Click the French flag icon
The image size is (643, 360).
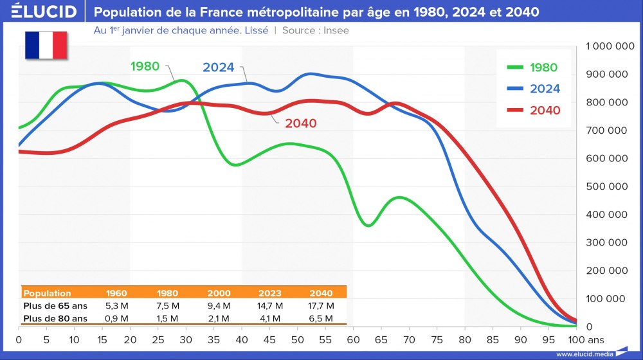(46, 44)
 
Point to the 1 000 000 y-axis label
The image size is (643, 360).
(607, 46)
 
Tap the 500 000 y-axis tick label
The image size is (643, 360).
(607, 186)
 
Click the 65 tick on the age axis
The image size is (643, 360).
(381, 339)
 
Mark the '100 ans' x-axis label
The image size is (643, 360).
(585, 339)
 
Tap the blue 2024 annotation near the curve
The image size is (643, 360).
(218, 67)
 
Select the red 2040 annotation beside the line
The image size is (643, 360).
(300, 123)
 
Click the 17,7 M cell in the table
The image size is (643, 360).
(321, 305)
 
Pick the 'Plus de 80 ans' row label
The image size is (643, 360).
(55, 318)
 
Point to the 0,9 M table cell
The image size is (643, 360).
(116, 318)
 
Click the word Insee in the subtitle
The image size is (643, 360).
(336, 30)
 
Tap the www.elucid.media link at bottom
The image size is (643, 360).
(584, 354)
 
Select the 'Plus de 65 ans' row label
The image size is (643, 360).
(55, 305)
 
